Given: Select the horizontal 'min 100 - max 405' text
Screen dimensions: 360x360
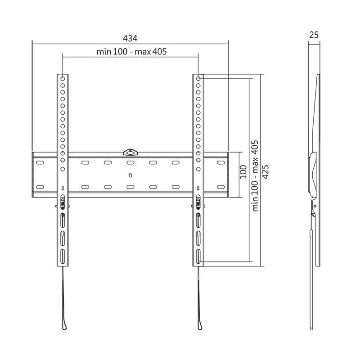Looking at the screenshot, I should [132, 52].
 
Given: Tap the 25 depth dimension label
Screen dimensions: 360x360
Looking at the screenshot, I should [314, 34].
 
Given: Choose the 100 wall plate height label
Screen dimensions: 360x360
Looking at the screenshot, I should [243, 172].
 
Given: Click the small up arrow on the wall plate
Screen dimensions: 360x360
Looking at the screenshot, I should [130, 175].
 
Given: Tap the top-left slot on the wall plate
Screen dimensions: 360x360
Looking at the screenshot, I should [40, 162].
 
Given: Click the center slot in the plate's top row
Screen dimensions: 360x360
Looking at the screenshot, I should [130, 162].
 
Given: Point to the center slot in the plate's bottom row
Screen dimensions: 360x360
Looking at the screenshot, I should [130, 186].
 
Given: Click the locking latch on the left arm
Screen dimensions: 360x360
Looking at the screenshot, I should [62, 203].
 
